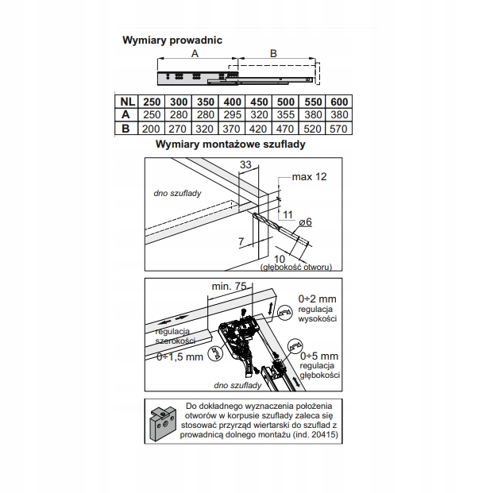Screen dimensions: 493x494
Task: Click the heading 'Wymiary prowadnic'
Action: pos(172,39)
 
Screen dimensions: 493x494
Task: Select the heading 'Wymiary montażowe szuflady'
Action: pos(231,145)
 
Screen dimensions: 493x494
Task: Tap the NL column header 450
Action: pos(257,102)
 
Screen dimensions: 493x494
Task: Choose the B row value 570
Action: pos(339,127)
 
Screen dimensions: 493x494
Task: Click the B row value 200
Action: pos(151,127)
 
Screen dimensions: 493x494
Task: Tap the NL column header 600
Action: pos(339,102)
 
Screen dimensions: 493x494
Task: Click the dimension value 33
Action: pos(245,164)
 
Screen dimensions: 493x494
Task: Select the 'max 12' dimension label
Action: pos(309,175)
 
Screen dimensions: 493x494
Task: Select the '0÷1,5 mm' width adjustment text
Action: pos(181,356)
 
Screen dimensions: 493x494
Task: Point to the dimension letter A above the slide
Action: pos(194,52)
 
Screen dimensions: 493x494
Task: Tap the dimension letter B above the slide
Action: pos(272,52)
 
